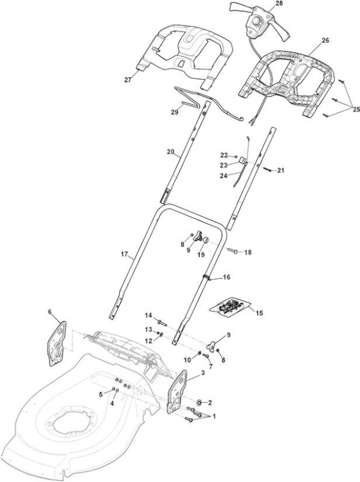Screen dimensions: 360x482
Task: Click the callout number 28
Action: (x=279, y=4)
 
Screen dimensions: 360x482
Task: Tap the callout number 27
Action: (x=128, y=80)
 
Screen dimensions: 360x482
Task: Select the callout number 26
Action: (x=325, y=40)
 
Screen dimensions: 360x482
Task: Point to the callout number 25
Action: (x=356, y=109)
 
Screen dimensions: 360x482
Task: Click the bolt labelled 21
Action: (x=267, y=169)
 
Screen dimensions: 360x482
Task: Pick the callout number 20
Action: (x=171, y=152)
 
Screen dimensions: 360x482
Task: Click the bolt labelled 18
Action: (x=232, y=251)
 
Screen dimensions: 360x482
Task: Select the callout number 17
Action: (x=124, y=254)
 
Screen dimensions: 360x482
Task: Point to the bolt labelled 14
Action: (x=161, y=322)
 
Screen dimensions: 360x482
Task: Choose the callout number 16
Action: (x=226, y=277)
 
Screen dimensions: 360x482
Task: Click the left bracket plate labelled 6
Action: (x=57, y=343)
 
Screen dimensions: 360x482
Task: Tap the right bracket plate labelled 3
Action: (x=177, y=391)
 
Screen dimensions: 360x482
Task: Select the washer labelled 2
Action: (x=200, y=402)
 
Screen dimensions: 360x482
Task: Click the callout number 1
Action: (x=214, y=416)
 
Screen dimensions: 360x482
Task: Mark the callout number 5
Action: (x=101, y=395)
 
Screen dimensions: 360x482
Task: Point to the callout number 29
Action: (x=175, y=112)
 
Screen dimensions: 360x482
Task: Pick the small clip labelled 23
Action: (x=243, y=160)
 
